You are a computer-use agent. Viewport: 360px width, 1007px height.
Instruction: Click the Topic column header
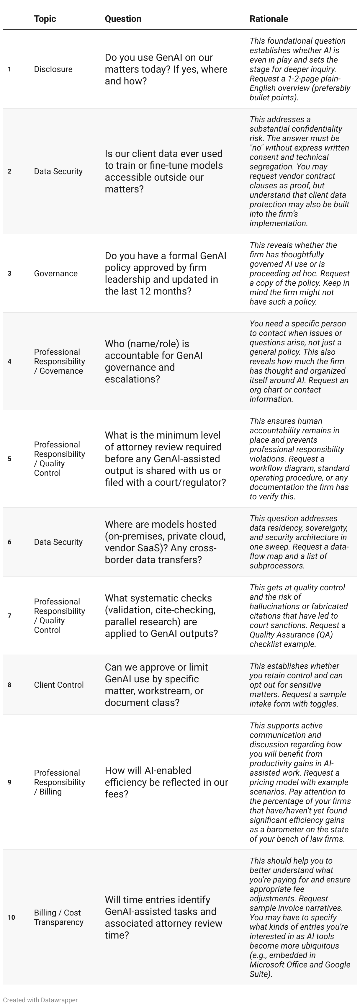[45, 19]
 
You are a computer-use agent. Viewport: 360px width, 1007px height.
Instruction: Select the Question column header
[123, 19]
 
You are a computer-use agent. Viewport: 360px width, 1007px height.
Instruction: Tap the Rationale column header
[269, 19]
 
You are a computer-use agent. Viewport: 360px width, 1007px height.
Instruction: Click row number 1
[9, 69]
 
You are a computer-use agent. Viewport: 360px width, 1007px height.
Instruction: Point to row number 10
[11, 917]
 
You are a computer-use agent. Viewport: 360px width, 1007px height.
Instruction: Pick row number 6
[9, 542]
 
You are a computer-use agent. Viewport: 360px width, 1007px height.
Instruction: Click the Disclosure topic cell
[53, 69]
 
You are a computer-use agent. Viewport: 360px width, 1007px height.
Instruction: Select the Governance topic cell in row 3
[55, 273]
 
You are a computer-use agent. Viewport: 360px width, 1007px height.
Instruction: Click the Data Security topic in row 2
[58, 171]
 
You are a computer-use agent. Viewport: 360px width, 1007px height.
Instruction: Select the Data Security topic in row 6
[58, 542]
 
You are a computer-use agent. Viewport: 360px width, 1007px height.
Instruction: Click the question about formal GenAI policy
[165, 273]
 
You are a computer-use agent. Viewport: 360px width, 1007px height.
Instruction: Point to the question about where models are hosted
[165, 542]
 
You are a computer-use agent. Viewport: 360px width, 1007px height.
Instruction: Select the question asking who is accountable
[154, 361]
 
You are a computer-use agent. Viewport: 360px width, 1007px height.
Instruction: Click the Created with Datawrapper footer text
[40, 1000]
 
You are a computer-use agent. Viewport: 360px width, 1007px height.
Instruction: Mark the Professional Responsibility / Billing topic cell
[59, 782]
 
